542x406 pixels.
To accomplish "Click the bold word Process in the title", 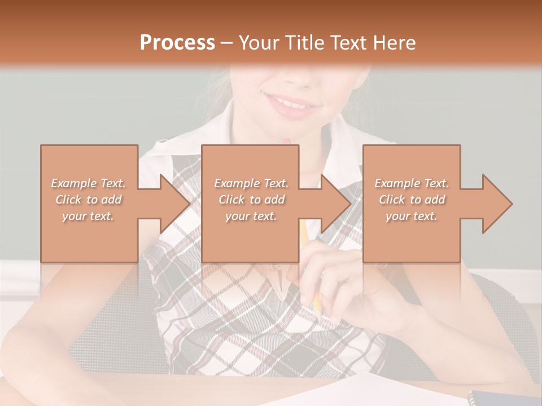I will coord(177,43).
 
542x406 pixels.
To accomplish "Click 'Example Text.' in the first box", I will coord(89,183).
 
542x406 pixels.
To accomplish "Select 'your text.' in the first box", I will coord(89,216).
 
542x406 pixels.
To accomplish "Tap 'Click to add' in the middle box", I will coord(251,200).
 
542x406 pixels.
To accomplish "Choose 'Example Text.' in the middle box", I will coord(251,183).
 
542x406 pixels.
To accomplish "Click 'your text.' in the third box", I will coord(412,216).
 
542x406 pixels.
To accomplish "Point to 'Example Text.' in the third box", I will coord(412,183).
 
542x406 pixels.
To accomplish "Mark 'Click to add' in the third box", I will coord(412,200).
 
